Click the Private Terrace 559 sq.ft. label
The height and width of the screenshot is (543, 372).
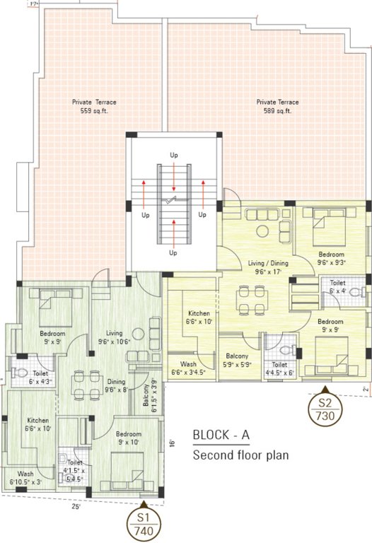point(93,107)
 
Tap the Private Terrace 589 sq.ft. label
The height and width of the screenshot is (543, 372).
point(278,107)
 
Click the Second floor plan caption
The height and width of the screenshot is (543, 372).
point(241,455)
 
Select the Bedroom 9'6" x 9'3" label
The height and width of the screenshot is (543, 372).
point(331,258)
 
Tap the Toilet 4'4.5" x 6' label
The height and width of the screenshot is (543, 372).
point(281,369)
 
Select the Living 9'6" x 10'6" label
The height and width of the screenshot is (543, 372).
point(115,337)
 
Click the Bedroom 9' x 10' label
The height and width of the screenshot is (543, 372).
point(129,438)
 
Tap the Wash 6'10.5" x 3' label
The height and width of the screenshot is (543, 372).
point(26,477)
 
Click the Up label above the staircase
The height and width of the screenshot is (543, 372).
point(173,154)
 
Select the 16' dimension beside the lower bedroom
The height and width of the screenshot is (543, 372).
point(172,443)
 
